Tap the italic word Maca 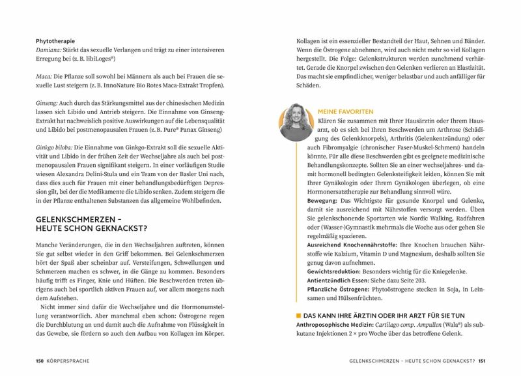tap(46, 75)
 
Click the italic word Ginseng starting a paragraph tap(49, 109)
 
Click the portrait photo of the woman tap(296, 121)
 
